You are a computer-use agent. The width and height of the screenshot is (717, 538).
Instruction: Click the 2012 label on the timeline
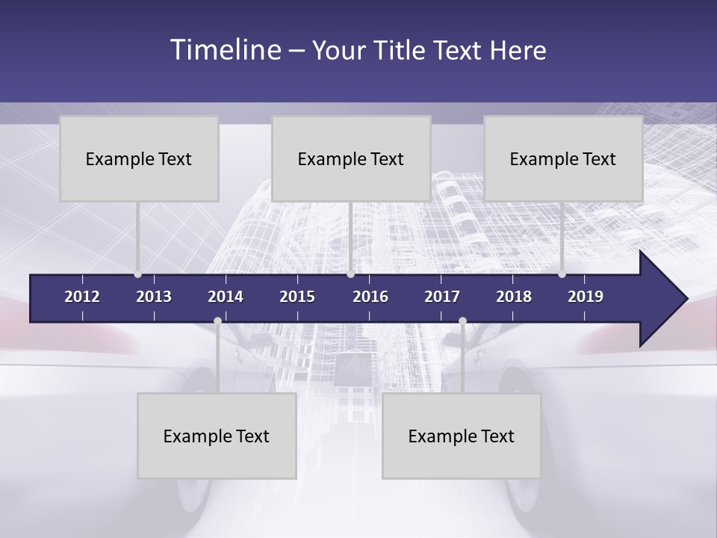(x=82, y=297)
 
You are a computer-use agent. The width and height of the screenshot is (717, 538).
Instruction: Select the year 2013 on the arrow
(x=154, y=297)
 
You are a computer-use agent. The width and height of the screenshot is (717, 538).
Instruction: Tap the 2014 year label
(x=226, y=297)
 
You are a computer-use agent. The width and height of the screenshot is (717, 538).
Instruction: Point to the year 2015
(x=297, y=297)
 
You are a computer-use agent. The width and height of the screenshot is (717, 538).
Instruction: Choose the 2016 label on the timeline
(x=370, y=297)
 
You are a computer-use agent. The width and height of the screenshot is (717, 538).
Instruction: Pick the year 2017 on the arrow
(x=442, y=297)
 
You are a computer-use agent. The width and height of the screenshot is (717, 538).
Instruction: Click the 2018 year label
(x=514, y=297)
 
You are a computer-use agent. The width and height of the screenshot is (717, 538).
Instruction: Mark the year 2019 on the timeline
(x=586, y=297)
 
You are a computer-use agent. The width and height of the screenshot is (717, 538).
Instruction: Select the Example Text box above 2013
(x=139, y=158)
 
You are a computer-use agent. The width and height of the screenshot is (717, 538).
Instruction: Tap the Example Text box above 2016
(x=351, y=158)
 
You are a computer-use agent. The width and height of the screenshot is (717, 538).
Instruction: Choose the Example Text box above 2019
(x=563, y=158)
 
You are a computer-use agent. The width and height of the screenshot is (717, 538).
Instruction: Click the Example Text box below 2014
(x=217, y=436)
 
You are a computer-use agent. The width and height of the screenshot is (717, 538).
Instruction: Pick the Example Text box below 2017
(x=462, y=436)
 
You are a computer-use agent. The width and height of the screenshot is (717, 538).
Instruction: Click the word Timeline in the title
(x=225, y=50)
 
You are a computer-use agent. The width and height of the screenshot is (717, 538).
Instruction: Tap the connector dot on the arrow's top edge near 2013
(x=137, y=274)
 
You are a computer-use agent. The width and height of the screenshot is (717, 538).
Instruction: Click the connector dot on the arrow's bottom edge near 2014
(x=217, y=321)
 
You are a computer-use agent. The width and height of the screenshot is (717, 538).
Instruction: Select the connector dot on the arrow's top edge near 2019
(x=562, y=274)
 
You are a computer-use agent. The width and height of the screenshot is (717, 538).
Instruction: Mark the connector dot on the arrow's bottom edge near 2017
(x=462, y=321)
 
